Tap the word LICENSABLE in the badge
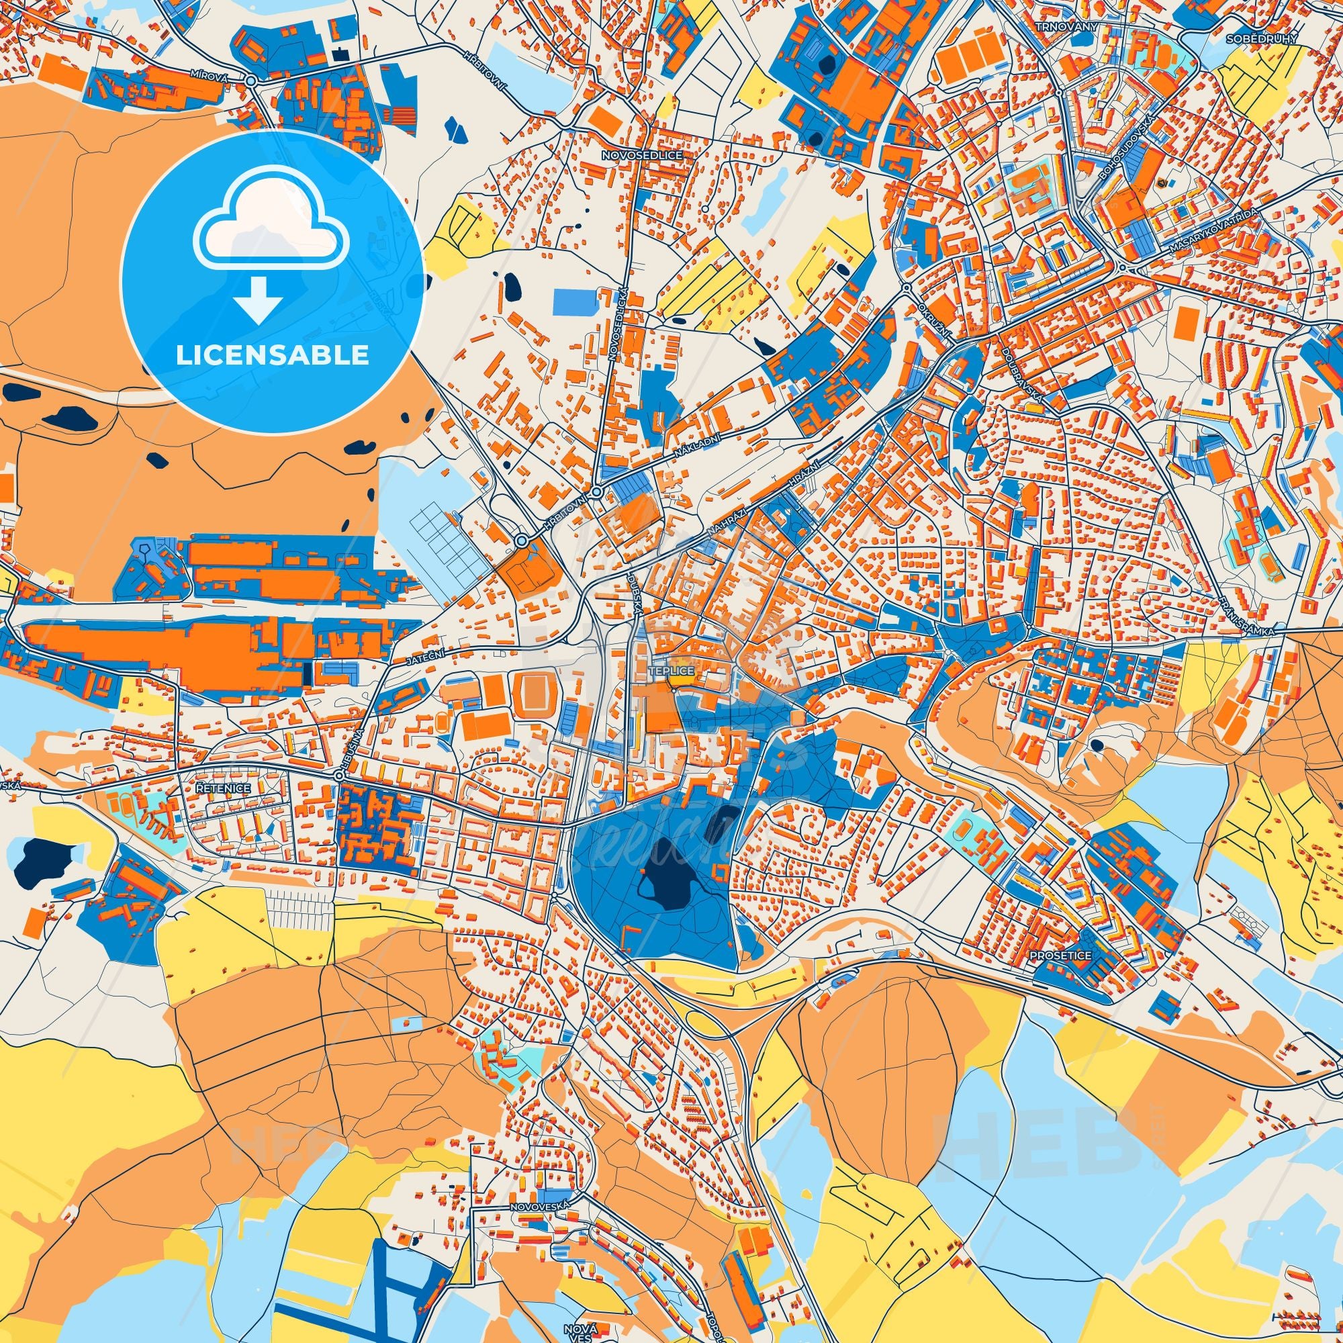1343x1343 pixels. (272, 355)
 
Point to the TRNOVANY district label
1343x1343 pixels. (1056, 26)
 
